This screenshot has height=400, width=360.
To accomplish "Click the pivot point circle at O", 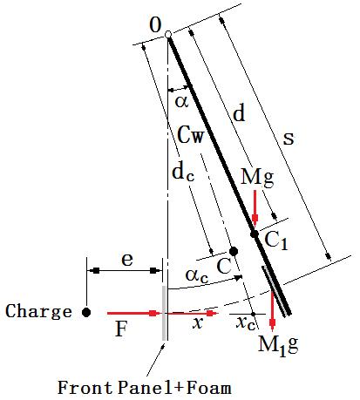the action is pyautogui.click(x=168, y=35).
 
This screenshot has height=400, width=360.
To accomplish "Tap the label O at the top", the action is pyautogui.click(x=155, y=25).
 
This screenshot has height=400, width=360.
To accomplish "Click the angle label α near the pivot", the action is pyautogui.click(x=181, y=101).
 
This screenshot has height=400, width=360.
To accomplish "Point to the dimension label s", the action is pyautogui.click(x=289, y=139).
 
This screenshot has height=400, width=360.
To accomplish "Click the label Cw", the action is pyautogui.click(x=191, y=135).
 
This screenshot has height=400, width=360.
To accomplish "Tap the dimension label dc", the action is pyautogui.click(x=183, y=173).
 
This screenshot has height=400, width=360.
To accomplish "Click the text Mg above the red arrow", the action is pyautogui.click(x=257, y=177).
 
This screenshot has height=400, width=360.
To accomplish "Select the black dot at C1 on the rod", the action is pyautogui.click(x=255, y=234).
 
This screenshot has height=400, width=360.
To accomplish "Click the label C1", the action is pyautogui.click(x=276, y=241).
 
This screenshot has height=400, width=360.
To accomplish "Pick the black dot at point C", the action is pyautogui.click(x=234, y=251).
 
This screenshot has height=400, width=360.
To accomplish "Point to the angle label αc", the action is pyautogui.click(x=197, y=275).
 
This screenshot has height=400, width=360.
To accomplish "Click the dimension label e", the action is pyautogui.click(x=127, y=259).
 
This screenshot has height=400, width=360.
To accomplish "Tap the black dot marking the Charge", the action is pyautogui.click(x=86, y=313).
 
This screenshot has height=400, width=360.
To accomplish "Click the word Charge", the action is pyautogui.click(x=38, y=312).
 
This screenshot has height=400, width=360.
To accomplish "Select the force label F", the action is pyautogui.click(x=121, y=329).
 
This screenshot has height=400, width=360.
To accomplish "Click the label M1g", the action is pyautogui.click(x=278, y=345).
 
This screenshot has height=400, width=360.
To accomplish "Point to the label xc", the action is pyautogui.click(x=246, y=323).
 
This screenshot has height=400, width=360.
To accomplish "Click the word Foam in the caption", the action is pyautogui.click(x=208, y=388).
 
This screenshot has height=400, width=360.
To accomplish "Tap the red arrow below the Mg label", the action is pyautogui.click(x=255, y=208).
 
